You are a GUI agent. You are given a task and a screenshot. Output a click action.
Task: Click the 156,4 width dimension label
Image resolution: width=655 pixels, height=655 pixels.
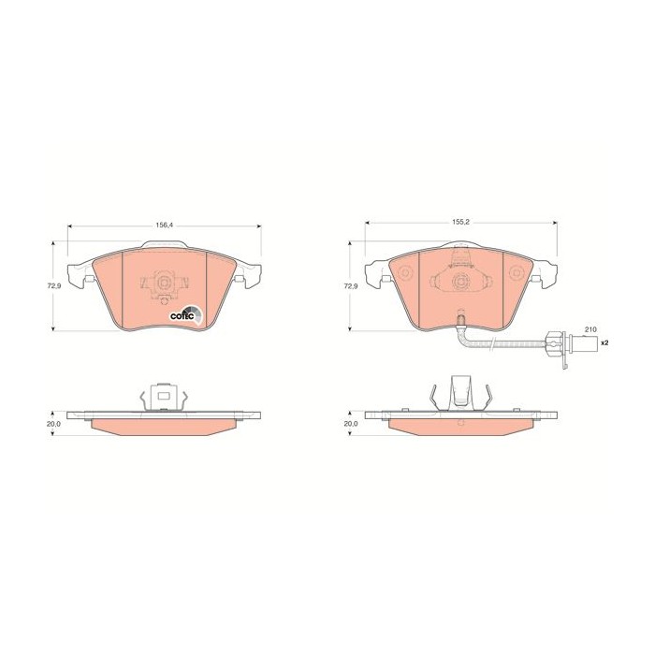[164, 225]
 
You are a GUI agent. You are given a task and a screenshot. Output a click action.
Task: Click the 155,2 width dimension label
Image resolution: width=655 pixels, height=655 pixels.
[461, 223]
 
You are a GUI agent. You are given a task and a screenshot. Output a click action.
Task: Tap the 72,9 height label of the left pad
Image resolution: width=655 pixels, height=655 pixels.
[51, 286]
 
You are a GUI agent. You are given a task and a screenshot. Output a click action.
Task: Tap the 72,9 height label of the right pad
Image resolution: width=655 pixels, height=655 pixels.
[349, 286]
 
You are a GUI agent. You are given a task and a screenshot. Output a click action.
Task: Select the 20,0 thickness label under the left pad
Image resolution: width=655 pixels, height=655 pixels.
[54, 424]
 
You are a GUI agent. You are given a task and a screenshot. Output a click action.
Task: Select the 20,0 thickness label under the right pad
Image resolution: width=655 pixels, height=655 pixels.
[351, 424]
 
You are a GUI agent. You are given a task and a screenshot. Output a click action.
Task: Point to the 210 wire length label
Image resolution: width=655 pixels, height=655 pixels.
[590, 329]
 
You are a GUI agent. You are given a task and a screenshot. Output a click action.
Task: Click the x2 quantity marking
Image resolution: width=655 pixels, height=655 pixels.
[604, 342]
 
